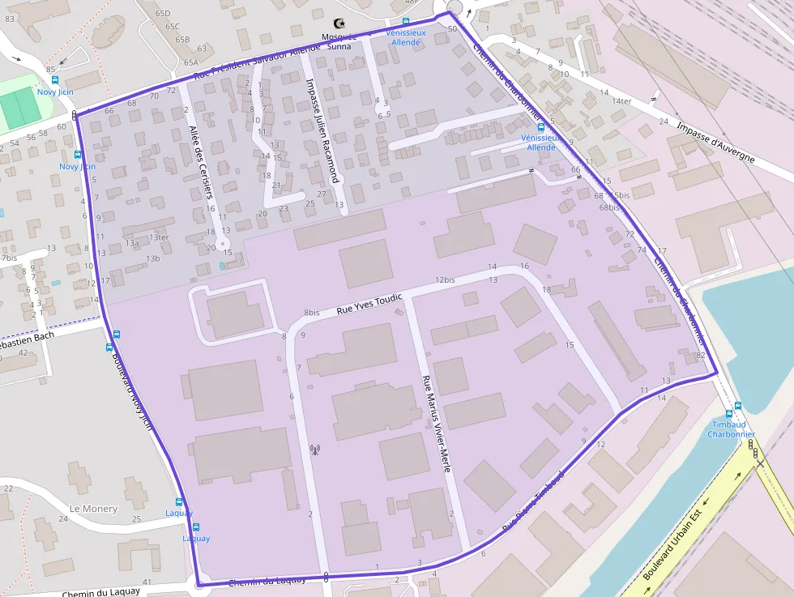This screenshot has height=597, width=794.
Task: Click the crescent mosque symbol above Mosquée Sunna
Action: (x=339, y=24)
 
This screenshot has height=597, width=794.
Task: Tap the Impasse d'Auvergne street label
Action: (x=715, y=143)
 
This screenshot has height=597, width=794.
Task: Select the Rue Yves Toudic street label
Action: (x=369, y=304)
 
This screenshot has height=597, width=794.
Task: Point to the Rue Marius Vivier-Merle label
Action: (x=435, y=424)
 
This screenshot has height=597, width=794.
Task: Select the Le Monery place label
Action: (x=93, y=509)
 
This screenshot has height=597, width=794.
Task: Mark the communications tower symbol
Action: (x=314, y=450)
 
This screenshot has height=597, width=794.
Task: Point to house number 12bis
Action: (x=445, y=279)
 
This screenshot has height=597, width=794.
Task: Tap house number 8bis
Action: (x=311, y=313)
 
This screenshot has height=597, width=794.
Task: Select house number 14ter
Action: (x=621, y=101)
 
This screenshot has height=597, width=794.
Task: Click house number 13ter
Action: (x=158, y=237)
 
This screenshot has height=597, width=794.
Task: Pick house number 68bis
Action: (x=609, y=207)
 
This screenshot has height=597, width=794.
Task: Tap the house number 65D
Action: (x=163, y=14)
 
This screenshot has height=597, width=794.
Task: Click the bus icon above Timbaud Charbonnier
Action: (x=738, y=407)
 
